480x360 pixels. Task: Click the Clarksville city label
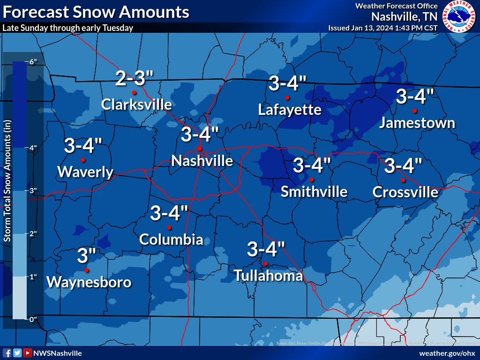pos(136,104)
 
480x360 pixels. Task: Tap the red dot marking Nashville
pos(200,149)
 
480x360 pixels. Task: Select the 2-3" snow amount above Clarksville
pos(134,78)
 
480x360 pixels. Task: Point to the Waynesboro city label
pos(89,282)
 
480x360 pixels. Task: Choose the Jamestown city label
pos(417,123)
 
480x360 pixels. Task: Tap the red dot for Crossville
pos(403,180)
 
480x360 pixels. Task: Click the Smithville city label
pos(314,191)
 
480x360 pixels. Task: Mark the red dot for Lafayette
pos(287,98)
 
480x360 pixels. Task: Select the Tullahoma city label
pos(268,276)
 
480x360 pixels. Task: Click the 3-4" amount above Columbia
pos(169,214)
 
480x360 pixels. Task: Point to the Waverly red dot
pos(83,160)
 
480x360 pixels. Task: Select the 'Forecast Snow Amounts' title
pos(96,12)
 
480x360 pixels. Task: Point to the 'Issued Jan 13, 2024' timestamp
pos(382,28)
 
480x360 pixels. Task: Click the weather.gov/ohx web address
pos(447,353)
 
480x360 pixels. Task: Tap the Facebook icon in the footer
pos(7,353)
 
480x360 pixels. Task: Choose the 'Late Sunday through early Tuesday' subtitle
pos(68,28)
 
